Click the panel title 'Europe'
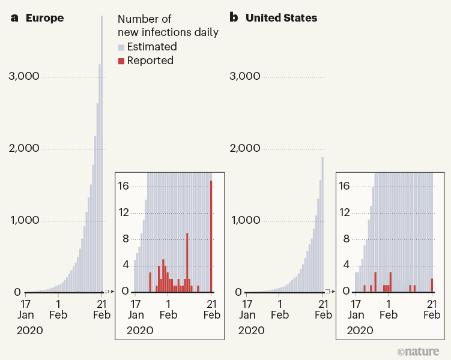click(x=44, y=18)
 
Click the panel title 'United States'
click(x=281, y=18)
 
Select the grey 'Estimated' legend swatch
click(x=121, y=47)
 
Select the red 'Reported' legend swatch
click(x=121, y=61)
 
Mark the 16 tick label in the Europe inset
click(x=123, y=186)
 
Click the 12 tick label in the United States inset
click(x=344, y=212)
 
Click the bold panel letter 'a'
click(x=15, y=18)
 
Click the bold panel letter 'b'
click(x=235, y=18)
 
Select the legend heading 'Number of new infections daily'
click(x=168, y=26)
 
